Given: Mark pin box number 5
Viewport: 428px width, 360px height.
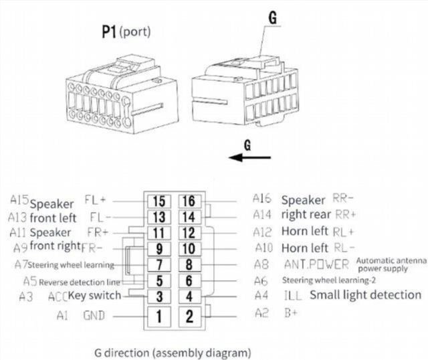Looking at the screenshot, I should pos(159,282).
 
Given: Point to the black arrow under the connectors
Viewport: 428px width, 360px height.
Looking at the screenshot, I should pos(249,158).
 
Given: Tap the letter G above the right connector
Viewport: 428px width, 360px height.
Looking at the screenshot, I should pos(272,18).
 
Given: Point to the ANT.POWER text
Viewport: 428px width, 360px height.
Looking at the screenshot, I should pos(316,264).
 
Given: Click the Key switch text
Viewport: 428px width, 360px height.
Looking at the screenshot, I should pos(95,296).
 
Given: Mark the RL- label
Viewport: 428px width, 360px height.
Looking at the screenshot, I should pos(339,248).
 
